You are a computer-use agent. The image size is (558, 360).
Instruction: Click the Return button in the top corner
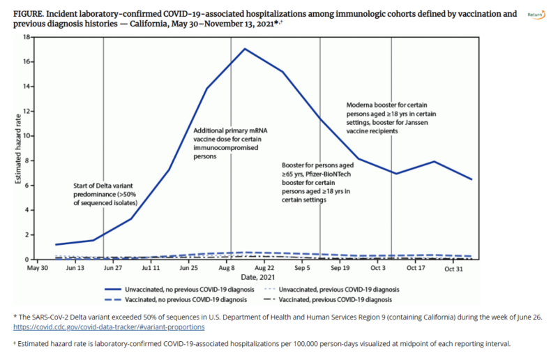click(536, 14)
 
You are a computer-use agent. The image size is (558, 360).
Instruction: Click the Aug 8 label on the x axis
click(226, 267)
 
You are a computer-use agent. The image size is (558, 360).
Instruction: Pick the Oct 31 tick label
click(454, 267)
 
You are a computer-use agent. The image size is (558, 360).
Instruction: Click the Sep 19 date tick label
click(340, 267)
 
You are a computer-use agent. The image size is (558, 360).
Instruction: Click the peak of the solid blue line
click(244, 49)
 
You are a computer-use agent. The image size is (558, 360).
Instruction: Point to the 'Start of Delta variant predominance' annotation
click(105, 193)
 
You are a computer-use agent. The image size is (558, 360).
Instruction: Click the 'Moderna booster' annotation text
click(391, 118)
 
